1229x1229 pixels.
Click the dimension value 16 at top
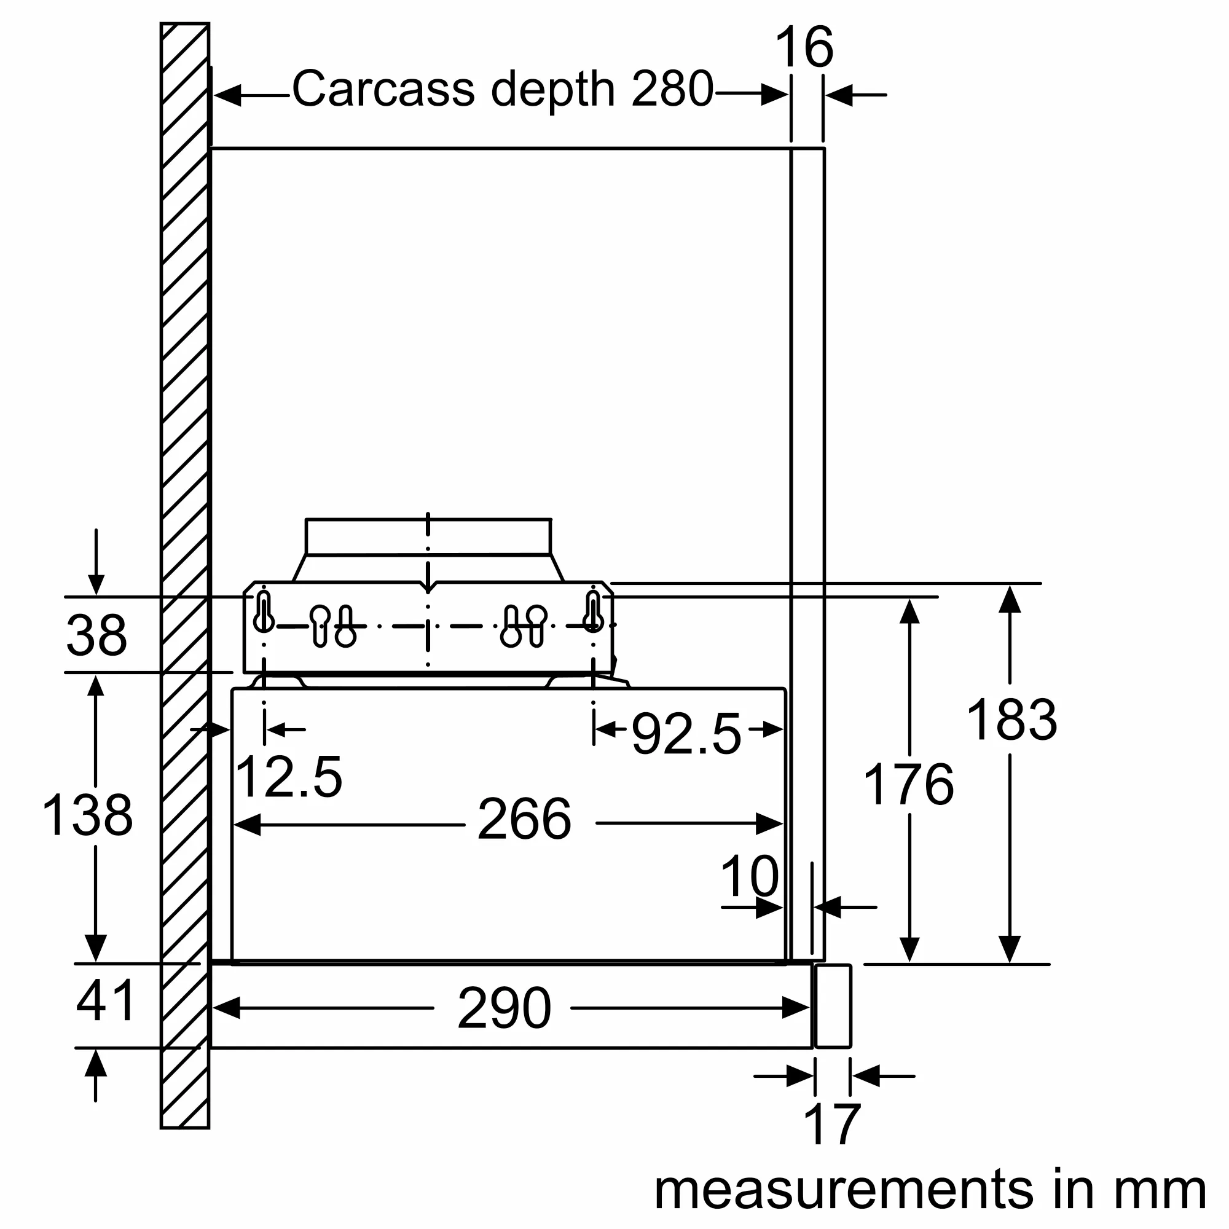tap(804, 48)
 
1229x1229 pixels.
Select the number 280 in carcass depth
tap(672, 89)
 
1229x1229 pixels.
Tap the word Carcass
tap(383, 89)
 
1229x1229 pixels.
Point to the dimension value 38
tap(96, 635)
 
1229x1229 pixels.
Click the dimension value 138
tap(88, 815)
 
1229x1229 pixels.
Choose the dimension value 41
tap(105, 1001)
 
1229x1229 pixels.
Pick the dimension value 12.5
tap(288, 777)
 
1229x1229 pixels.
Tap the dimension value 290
tap(504, 1008)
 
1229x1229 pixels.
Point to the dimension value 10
tap(749, 877)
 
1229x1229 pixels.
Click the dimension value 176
tap(908, 784)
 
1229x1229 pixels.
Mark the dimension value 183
tap(1011, 720)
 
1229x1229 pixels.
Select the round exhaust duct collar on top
tap(428, 538)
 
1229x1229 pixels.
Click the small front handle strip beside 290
tap(833, 1007)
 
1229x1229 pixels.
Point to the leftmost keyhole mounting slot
tap(264, 613)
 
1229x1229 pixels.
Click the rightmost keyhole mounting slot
tap(593, 613)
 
